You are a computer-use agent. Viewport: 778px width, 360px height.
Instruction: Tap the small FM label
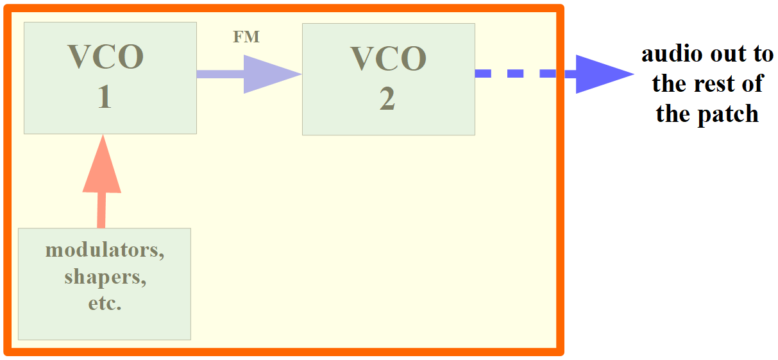click(x=246, y=37)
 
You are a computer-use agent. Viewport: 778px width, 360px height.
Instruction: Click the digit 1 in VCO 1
click(x=104, y=98)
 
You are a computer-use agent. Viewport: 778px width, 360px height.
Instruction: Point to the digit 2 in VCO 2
click(x=387, y=99)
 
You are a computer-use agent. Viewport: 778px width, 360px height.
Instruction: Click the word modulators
click(x=105, y=250)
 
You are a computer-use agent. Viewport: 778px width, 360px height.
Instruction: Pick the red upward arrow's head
click(x=102, y=167)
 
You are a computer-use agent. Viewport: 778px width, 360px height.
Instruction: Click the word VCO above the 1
click(x=105, y=57)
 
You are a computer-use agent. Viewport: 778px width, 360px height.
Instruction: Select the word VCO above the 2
click(x=388, y=58)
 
